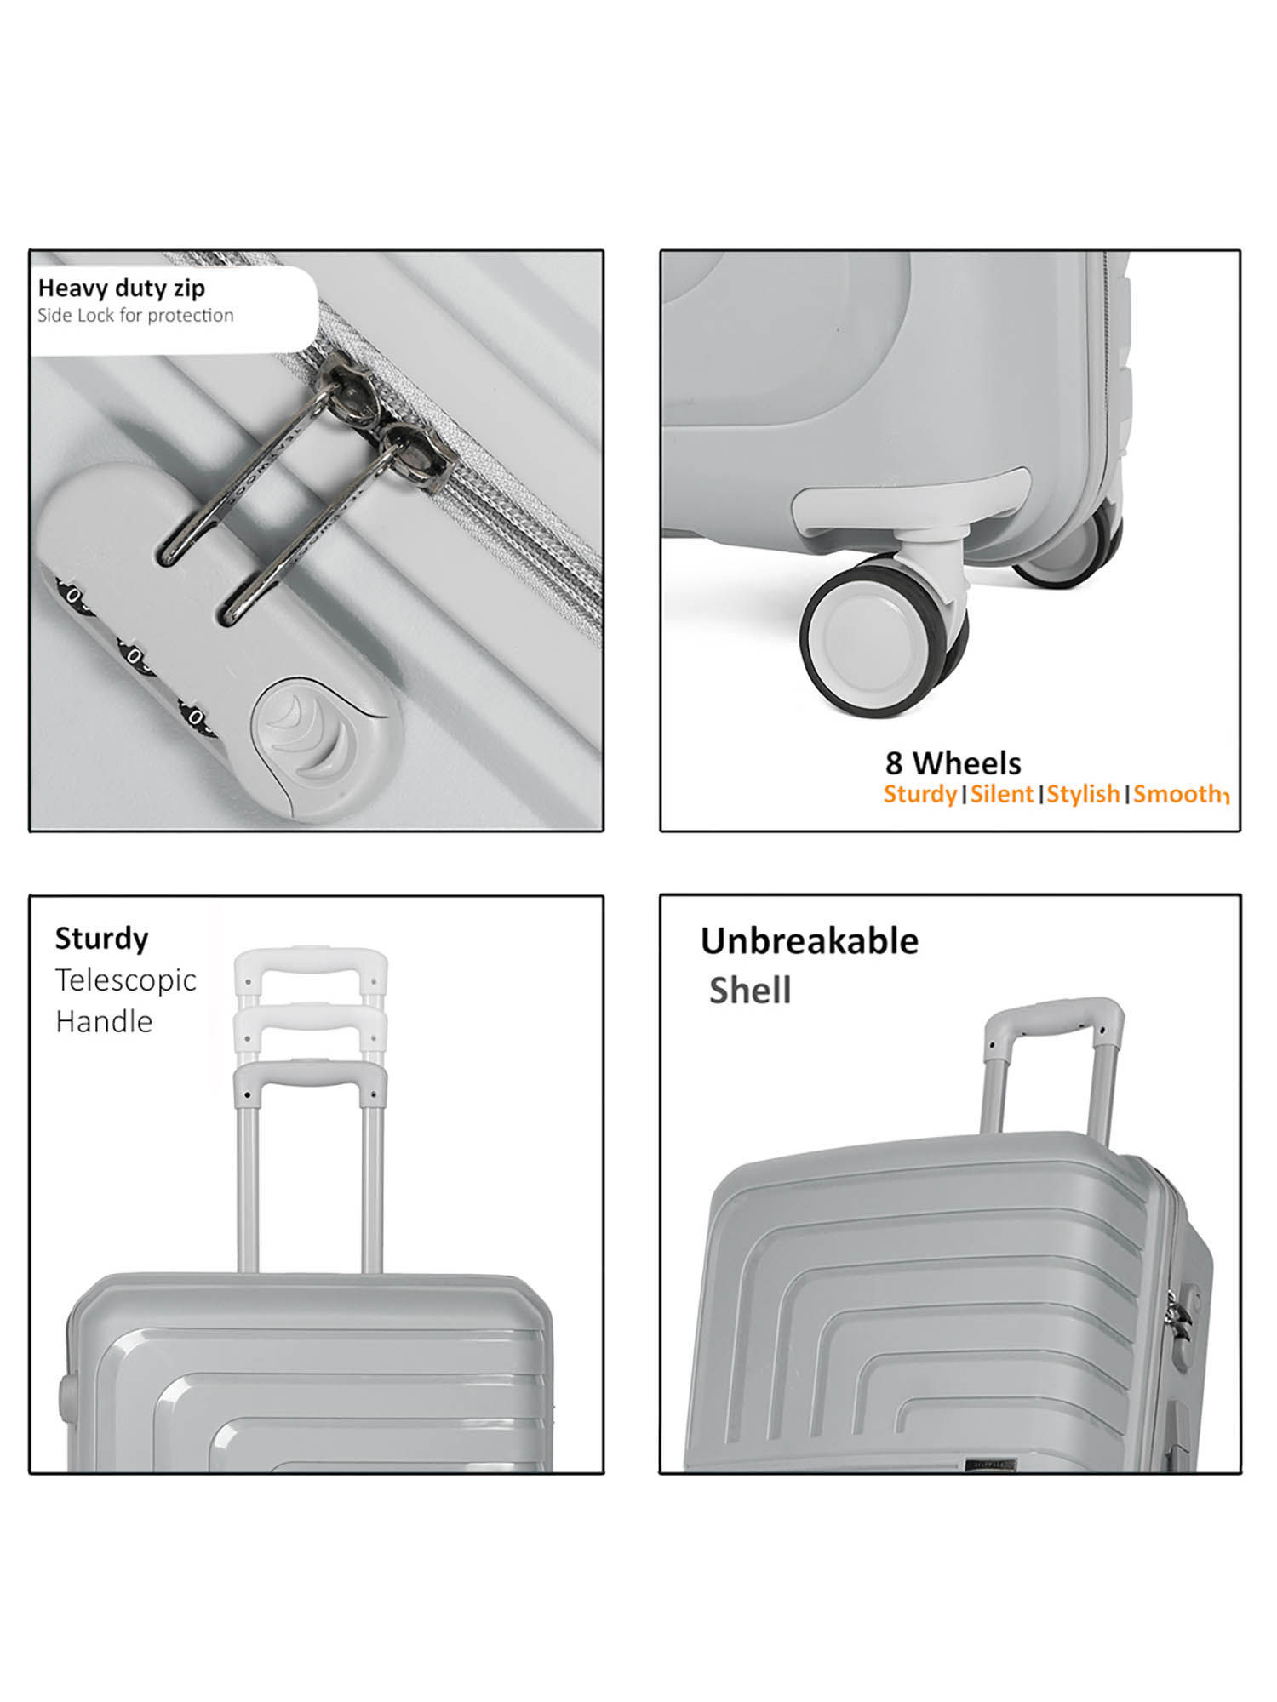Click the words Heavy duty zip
[x=121, y=288]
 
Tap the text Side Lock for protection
[x=135, y=316]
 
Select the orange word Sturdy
[x=919, y=794]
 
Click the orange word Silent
[x=1001, y=794]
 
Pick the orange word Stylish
[x=1083, y=794]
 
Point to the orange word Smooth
[x=1178, y=794]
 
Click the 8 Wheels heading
[x=953, y=762]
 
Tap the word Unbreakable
[x=809, y=941]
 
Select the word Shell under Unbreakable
[x=749, y=991]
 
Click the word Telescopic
[x=125, y=980]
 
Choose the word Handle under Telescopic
[x=104, y=1021]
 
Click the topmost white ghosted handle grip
[x=311, y=962]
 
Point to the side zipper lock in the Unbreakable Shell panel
[x=1180, y=1336]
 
